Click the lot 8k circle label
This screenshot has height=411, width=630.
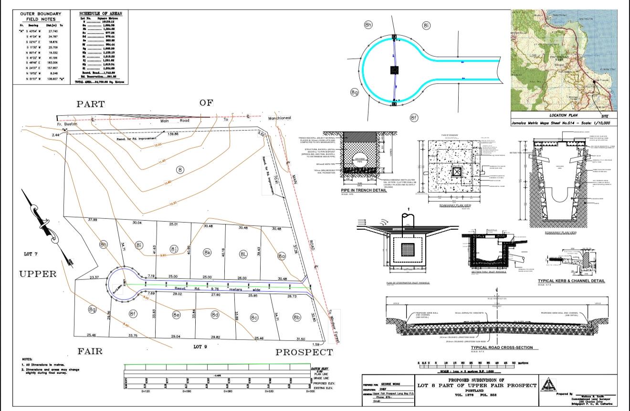[207, 252]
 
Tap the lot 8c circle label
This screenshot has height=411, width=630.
[254, 317]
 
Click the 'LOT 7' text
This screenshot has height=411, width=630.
[28, 254]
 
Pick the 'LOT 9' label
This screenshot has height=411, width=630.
[200, 347]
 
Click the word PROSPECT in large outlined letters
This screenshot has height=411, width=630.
[304, 352]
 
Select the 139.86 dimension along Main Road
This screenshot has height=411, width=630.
[173, 134]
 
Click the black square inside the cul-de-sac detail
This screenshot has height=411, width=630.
[395, 70]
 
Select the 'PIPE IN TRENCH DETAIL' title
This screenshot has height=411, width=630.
[364, 190]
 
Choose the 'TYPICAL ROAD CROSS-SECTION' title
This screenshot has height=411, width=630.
[502, 348]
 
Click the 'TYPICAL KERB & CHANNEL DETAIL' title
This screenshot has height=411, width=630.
[571, 281]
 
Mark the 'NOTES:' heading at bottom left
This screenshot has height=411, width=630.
[27, 360]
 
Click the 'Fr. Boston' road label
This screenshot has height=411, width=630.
[67, 124]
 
